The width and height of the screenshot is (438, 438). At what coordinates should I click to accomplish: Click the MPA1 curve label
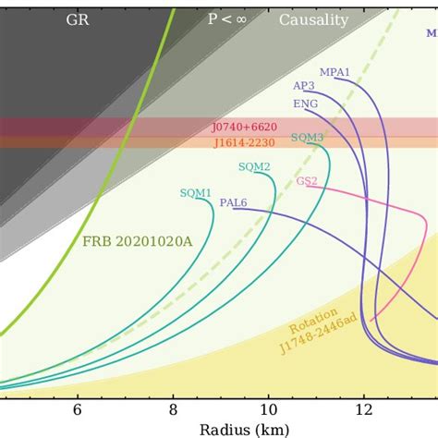click(335, 71)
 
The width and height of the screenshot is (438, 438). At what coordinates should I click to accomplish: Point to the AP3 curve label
click(303, 86)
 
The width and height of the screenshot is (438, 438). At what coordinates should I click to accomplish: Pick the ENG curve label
click(305, 103)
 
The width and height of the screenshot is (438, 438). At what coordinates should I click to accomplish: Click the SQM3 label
click(307, 138)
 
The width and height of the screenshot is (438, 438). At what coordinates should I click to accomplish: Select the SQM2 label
click(254, 167)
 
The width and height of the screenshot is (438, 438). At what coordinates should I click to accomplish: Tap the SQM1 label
click(195, 193)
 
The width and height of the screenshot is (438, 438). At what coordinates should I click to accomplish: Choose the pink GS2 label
click(307, 181)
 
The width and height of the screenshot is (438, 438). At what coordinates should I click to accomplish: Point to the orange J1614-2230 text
click(244, 142)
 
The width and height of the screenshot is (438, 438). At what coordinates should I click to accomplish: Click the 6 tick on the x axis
click(78, 409)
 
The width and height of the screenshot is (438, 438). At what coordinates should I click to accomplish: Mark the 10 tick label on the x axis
click(269, 409)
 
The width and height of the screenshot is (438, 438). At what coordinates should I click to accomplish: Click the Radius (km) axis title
click(244, 429)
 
